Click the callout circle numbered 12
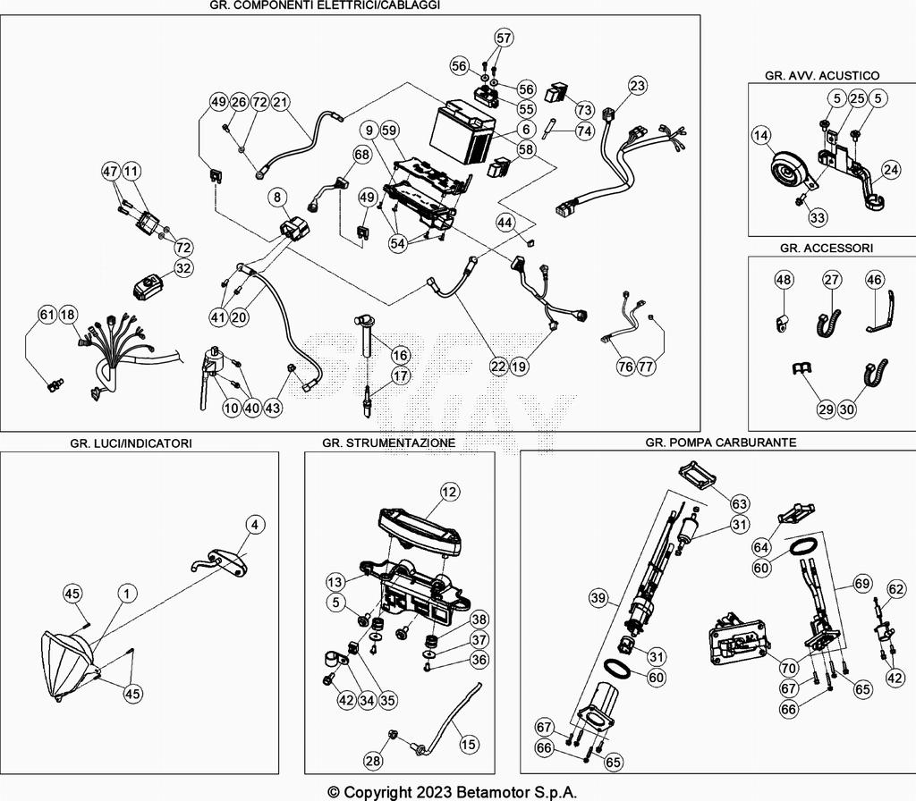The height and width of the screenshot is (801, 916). pos(448,491)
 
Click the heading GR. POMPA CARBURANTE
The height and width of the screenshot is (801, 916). pos(720,443)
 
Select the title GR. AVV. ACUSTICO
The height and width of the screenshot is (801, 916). pos(822,76)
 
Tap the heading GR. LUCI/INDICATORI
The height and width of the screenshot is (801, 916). pos(131,443)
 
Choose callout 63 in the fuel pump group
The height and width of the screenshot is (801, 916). pos(739,503)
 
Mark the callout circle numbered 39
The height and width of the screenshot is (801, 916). pos(600,596)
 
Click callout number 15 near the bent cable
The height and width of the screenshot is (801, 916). pos(469,743)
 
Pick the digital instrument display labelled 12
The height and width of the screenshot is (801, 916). pos(419,526)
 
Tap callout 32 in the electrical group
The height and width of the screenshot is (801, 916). pos(182,267)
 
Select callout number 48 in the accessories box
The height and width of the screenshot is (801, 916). pos(784,280)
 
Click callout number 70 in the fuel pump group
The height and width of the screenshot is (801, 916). pos(788,667)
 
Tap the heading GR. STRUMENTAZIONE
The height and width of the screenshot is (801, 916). pos(389,443)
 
